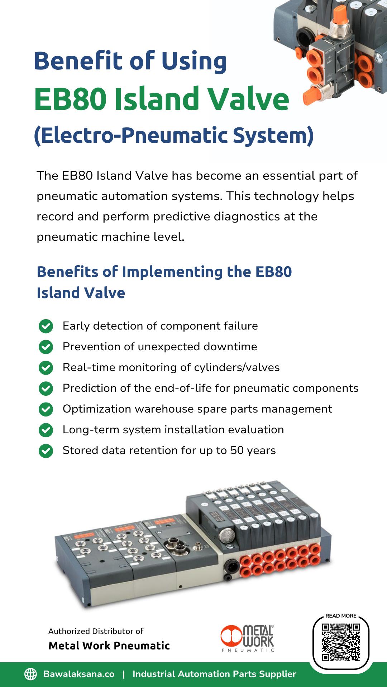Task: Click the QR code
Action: pos(341,642)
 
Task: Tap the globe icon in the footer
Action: pos(30,674)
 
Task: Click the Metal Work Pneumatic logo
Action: pos(247,638)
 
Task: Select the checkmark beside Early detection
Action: pos(46,326)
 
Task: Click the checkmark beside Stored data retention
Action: pos(46,451)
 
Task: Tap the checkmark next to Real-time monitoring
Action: pos(46,368)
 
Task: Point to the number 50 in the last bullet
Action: pos(237,450)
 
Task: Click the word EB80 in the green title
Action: pos(70,99)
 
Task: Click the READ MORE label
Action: pos(341,616)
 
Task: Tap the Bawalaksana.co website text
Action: pos(79,674)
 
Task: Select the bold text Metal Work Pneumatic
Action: pos(109,645)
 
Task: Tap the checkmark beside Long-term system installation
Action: pos(46,430)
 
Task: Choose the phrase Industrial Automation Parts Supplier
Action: pos(214,674)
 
